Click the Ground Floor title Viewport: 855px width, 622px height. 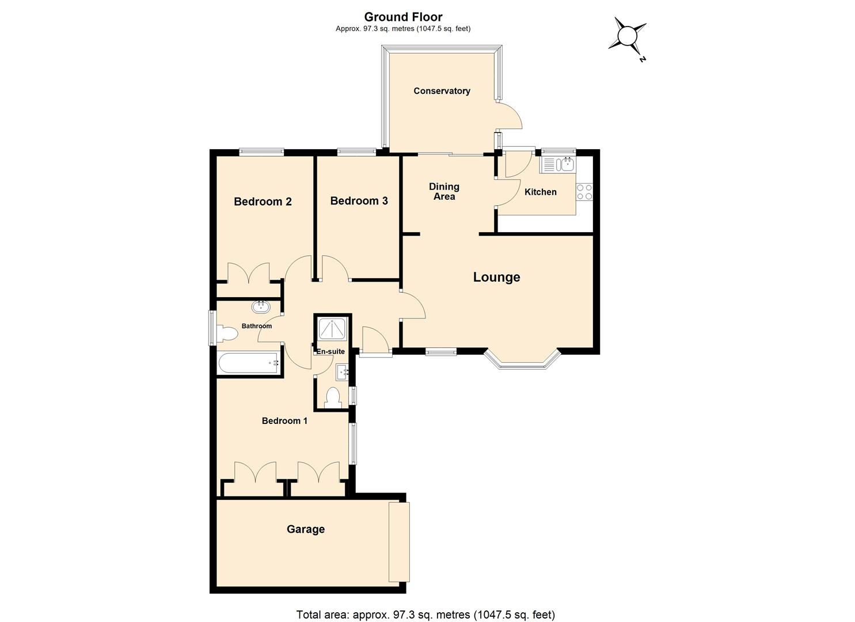(x=403, y=17)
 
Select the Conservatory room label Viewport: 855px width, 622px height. (x=442, y=91)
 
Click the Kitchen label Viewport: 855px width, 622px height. (x=540, y=192)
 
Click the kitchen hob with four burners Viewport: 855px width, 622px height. (x=584, y=192)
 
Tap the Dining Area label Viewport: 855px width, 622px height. (x=444, y=191)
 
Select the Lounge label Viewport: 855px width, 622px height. (x=496, y=277)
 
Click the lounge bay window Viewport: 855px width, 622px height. (x=522, y=361)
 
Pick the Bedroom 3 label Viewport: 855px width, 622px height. (x=359, y=200)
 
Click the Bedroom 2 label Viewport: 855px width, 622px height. (x=263, y=201)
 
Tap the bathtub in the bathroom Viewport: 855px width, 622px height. (x=249, y=363)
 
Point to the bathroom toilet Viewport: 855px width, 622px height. (x=227, y=333)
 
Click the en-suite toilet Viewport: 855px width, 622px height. (x=333, y=397)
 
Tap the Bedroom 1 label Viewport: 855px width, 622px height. (x=284, y=421)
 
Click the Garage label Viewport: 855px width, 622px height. (x=306, y=529)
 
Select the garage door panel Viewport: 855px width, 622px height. (x=399, y=541)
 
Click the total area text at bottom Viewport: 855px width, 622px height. (x=425, y=615)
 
